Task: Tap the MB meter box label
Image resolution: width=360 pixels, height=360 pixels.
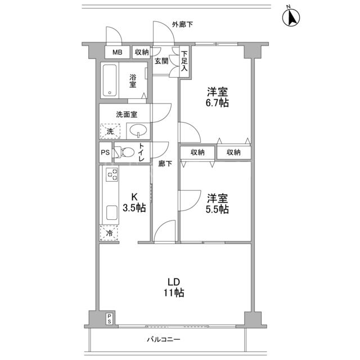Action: (x=118, y=52)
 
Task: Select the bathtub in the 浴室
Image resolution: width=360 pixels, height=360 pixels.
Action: (x=110, y=80)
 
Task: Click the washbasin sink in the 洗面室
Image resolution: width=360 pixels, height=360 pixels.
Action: (x=138, y=131)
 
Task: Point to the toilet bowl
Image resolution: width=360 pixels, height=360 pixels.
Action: (x=125, y=152)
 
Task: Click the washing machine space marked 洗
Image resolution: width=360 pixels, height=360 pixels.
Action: (x=110, y=131)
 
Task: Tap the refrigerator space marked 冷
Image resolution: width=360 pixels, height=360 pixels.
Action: (x=109, y=233)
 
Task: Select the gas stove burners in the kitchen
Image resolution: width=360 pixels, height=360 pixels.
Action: (x=112, y=174)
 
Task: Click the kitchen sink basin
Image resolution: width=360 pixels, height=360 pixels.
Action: (x=112, y=213)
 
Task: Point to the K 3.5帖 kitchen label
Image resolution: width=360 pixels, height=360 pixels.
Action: (x=134, y=202)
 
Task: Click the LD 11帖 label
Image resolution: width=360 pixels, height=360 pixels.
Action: (x=174, y=287)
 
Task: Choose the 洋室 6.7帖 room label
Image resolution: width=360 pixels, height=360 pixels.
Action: (x=217, y=97)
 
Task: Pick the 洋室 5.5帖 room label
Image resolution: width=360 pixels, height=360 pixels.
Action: (x=217, y=204)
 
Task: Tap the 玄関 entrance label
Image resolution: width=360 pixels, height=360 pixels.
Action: (x=161, y=61)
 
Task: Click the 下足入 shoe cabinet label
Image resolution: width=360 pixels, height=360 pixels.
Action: (x=184, y=61)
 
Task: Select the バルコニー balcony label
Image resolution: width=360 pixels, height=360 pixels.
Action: (x=164, y=339)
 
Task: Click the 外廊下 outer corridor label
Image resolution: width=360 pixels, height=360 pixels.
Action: (x=182, y=24)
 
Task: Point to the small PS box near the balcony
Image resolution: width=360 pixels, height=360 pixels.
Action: (x=109, y=319)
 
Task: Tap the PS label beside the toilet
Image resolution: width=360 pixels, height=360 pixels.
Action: (x=105, y=152)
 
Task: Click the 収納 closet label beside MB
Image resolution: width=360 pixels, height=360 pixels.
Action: (x=142, y=52)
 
